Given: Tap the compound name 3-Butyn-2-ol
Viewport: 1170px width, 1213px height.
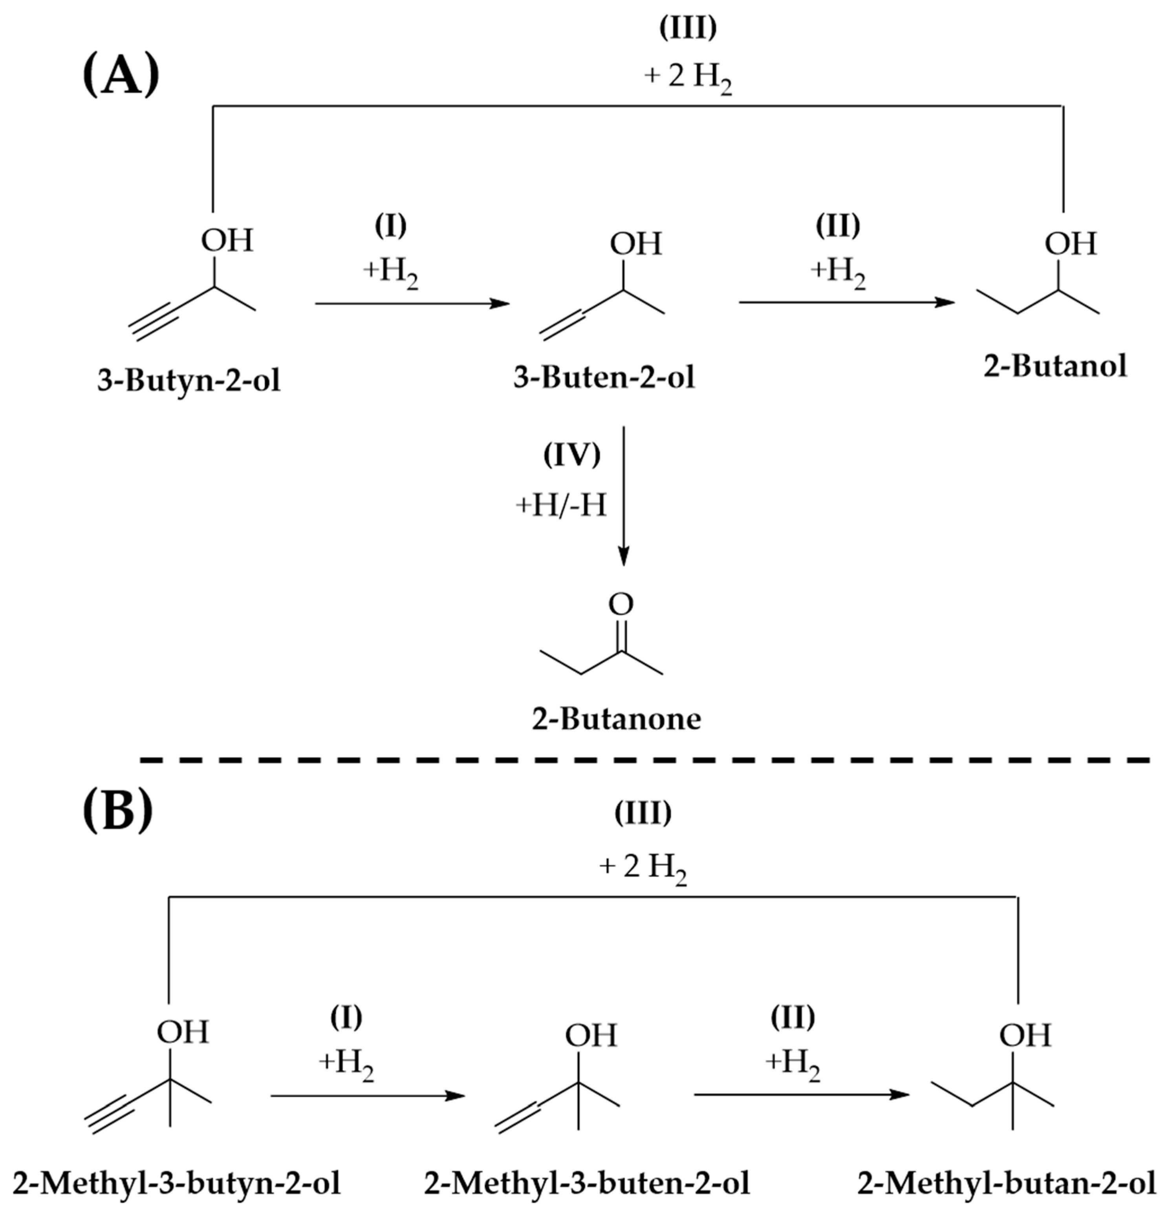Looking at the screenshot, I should (x=189, y=380).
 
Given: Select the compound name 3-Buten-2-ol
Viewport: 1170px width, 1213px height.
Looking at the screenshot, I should (x=604, y=377).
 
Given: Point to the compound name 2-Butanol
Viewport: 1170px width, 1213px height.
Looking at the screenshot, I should (x=1055, y=366).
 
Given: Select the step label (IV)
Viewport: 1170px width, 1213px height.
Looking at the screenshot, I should (x=572, y=456).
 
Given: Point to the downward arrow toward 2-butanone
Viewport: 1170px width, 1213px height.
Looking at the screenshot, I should (x=624, y=495).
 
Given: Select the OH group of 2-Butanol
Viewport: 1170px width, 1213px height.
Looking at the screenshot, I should (x=1070, y=243).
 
